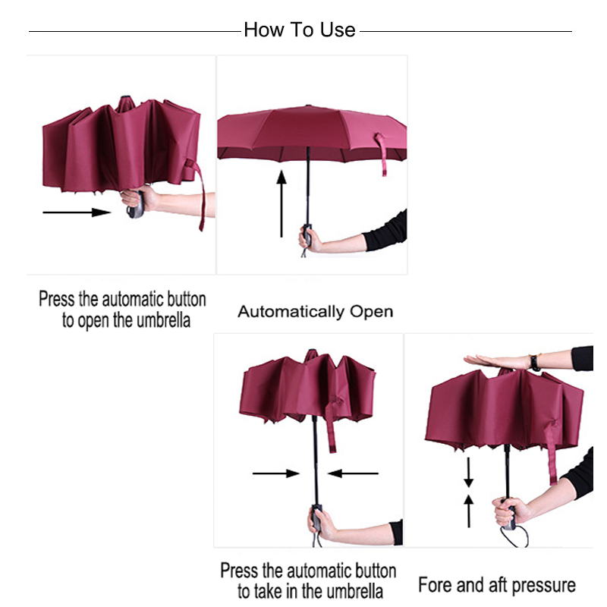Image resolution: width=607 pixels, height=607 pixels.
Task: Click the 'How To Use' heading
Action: click(300, 30)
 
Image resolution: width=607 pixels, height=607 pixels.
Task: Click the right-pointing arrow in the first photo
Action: click(76, 212)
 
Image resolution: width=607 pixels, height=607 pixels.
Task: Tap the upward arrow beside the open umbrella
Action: click(281, 205)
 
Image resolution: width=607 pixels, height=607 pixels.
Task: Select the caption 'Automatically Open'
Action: click(315, 311)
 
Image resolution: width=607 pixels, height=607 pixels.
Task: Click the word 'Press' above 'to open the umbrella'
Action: click(57, 299)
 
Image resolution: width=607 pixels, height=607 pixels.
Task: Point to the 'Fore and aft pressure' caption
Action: click(497, 585)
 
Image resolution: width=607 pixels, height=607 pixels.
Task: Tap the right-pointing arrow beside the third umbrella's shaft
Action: click(276, 473)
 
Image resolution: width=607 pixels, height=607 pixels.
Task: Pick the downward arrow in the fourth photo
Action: click(469, 473)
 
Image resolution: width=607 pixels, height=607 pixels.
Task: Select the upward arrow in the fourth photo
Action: click(469, 510)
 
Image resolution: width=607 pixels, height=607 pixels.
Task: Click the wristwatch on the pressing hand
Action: click(535, 363)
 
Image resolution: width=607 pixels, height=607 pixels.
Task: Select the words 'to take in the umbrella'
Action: click(308, 591)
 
